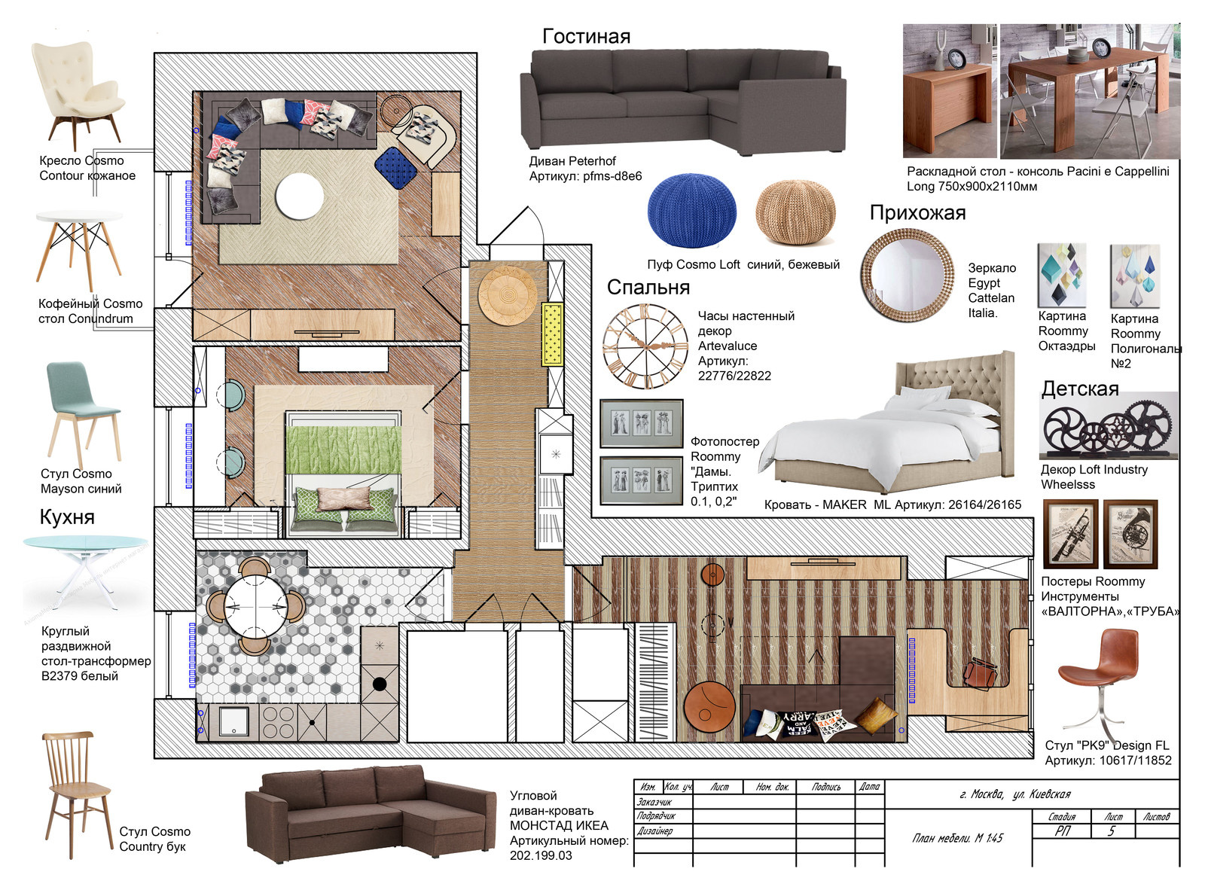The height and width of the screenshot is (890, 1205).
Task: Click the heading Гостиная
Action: pos(586,36)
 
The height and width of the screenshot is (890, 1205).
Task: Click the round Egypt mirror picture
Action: pos(908,275)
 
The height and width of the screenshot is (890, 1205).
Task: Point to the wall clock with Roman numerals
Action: pos(645,346)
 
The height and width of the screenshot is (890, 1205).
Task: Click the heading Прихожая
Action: pos(917,212)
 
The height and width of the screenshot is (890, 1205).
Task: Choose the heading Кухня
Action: pos(67,517)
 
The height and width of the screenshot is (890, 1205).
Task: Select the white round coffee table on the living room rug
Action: pos(299,197)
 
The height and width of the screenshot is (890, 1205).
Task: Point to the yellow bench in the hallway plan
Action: pos(553,334)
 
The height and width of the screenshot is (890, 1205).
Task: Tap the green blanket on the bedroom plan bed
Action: pos(343,449)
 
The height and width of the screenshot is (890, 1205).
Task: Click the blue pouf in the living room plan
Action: pos(395,168)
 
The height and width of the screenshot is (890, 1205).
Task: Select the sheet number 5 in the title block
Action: pos(1111,831)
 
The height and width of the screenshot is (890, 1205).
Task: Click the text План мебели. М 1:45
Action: pos(958,838)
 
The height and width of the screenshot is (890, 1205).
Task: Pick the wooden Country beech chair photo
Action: pos(78,794)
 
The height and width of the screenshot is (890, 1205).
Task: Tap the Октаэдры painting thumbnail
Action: pos(1062,275)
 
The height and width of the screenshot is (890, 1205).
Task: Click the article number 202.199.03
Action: pos(541,855)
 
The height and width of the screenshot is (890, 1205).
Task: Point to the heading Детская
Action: pos(1080,389)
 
